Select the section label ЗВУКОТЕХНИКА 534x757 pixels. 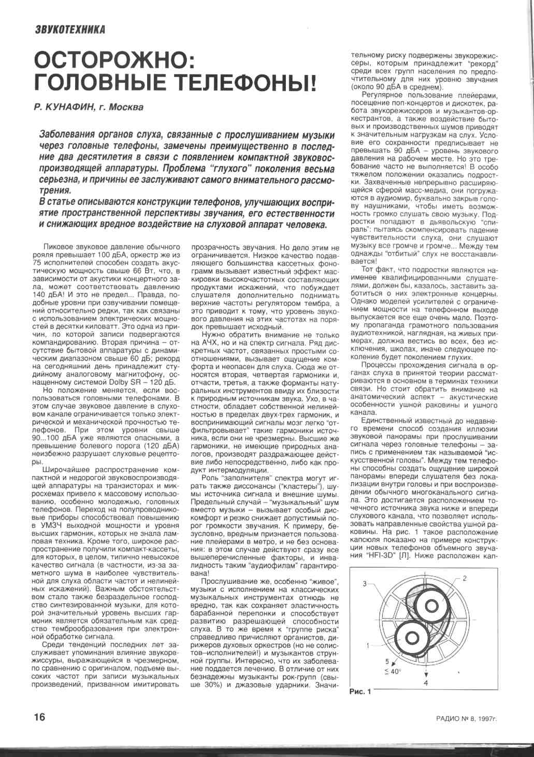click(70, 29)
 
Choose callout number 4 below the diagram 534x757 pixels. click(426, 683)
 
